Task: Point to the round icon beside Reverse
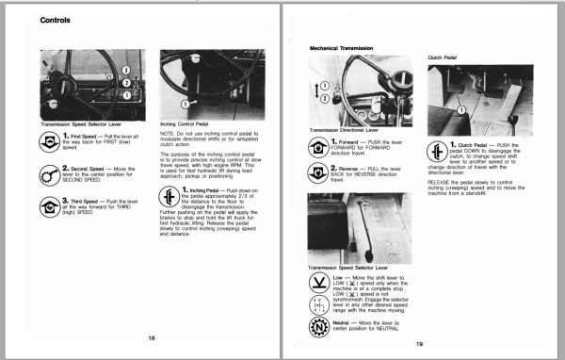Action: pos(319,174)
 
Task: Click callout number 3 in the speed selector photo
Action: pos(126,70)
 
